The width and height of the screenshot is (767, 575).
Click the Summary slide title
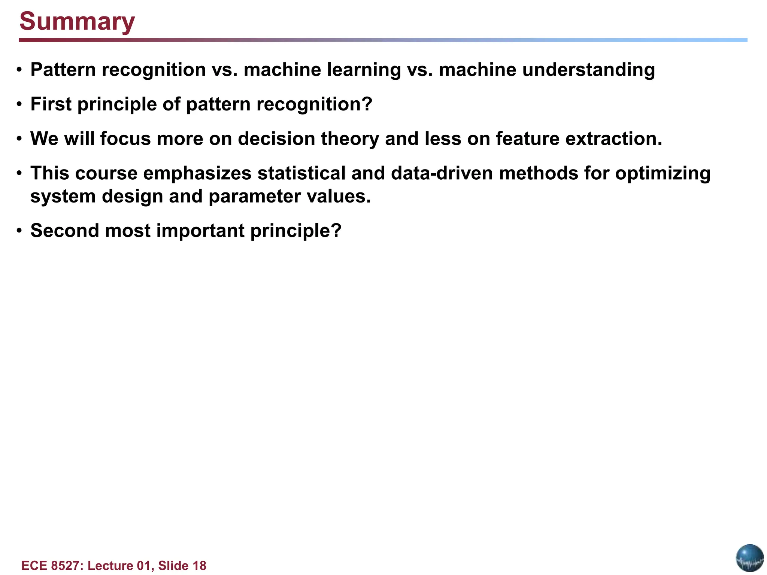77,21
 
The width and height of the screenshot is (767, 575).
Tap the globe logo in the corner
749,557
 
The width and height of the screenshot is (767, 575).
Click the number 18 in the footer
199,566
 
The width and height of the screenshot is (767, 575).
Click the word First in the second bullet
51,104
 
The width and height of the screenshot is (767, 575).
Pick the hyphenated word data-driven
442,173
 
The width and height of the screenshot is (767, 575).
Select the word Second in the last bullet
65,231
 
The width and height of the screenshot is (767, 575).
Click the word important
200,231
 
